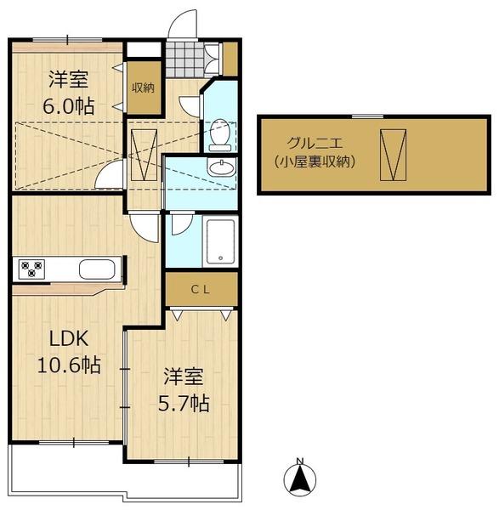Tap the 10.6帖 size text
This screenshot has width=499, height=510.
click(x=68, y=365)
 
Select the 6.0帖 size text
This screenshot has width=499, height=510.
click(x=70, y=107)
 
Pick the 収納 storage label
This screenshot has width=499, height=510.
click(x=142, y=88)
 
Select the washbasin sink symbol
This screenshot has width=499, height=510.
click(x=222, y=167)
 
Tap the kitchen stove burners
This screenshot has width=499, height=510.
click(x=31, y=269)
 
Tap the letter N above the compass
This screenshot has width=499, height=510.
click(x=299, y=462)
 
